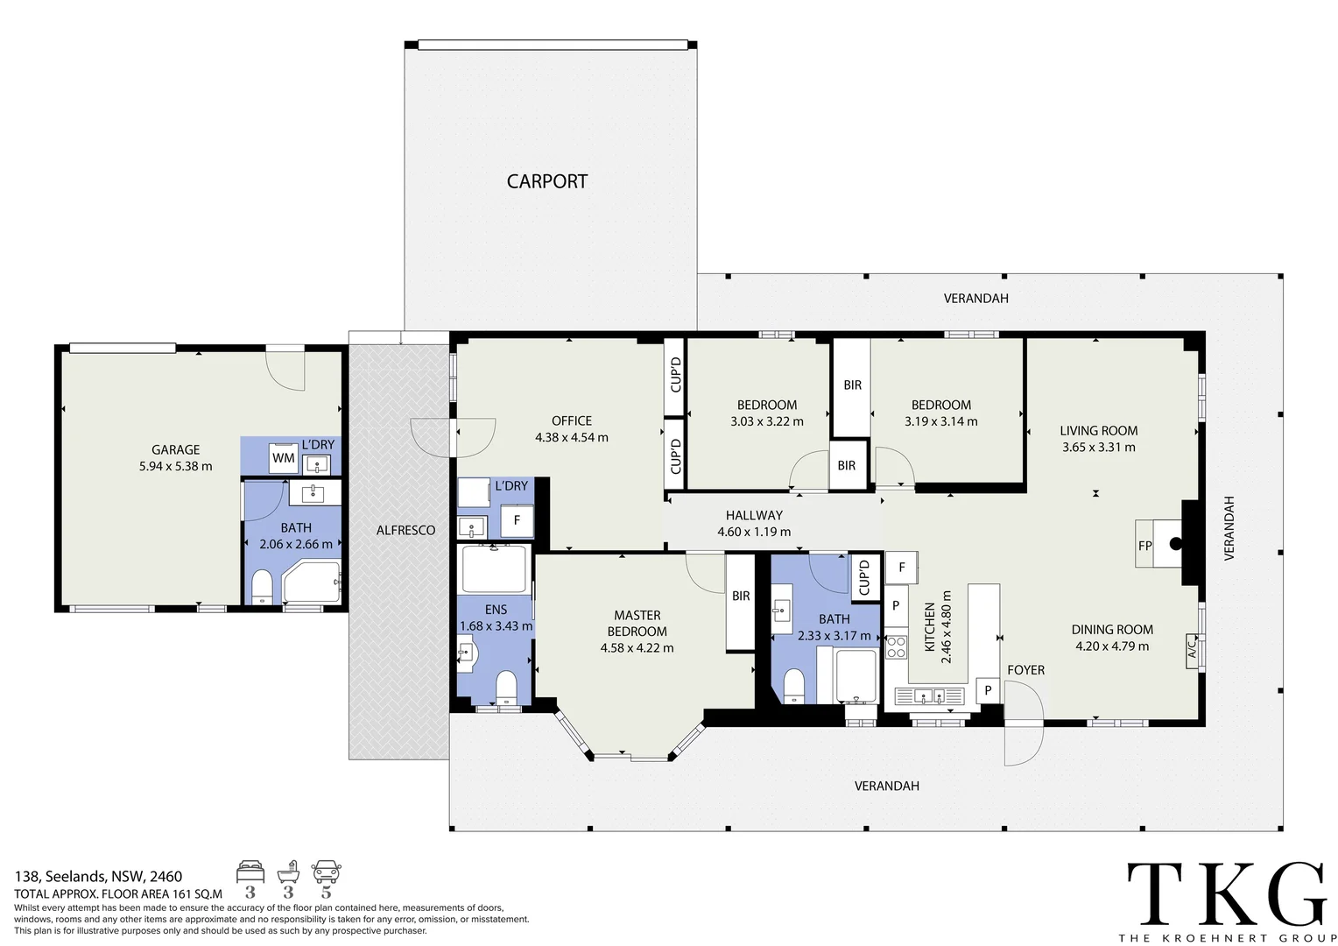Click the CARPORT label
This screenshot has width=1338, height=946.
click(546, 181)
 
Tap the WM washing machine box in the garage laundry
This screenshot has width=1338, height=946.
click(283, 458)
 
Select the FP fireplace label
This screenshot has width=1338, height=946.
click(1144, 546)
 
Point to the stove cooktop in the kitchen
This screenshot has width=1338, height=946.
click(896, 647)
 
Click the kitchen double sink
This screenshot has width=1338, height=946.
click(929, 696)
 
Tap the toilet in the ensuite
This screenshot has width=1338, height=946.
click(506, 688)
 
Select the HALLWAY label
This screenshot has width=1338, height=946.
click(754, 515)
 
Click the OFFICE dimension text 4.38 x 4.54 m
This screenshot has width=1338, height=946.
click(572, 437)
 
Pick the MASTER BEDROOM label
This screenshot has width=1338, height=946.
click(637, 624)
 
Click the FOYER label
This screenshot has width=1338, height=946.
click(1025, 670)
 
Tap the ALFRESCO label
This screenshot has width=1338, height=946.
click(405, 530)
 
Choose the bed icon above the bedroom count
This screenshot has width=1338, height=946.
click(250, 872)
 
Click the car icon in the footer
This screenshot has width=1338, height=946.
click(326, 872)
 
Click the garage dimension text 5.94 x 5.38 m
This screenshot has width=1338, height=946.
click(176, 466)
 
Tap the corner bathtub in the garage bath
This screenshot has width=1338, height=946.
click(311, 582)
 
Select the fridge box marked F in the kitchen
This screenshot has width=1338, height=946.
click(901, 567)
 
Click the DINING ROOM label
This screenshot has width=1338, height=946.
click(1111, 629)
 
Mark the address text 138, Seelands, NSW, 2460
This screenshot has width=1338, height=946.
click(99, 876)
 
